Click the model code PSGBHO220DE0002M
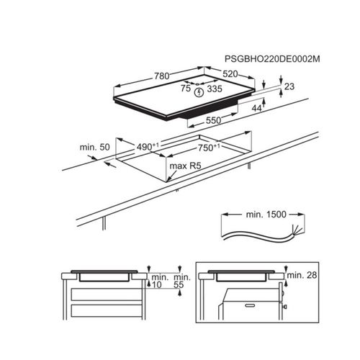click(x=272, y=59)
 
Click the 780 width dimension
click(x=162, y=76)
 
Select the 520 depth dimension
click(x=230, y=74)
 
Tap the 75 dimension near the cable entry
click(x=186, y=89)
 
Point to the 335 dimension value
click(x=215, y=89)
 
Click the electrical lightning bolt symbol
click(x=199, y=92)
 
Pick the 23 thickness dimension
click(x=289, y=86)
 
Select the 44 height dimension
click(x=256, y=109)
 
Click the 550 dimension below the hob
click(x=213, y=120)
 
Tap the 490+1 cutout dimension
click(x=148, y=146)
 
